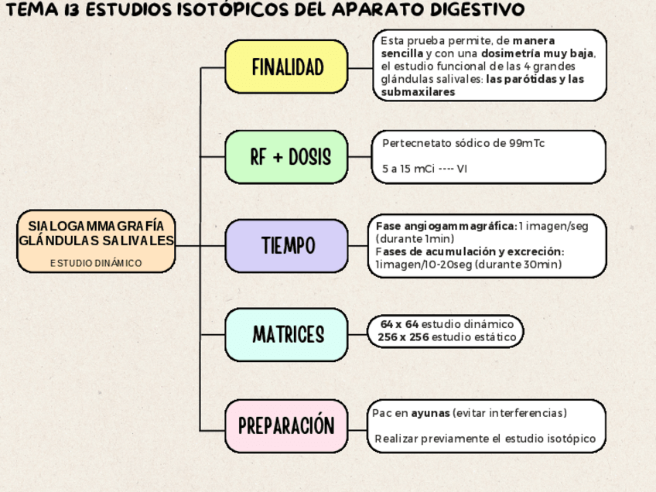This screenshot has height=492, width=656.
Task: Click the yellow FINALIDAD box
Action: point(286,67)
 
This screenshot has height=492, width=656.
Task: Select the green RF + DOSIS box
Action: point(286,157)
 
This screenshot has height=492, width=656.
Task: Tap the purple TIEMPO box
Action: point(286,246)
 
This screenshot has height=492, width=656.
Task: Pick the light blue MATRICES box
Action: point(286,335)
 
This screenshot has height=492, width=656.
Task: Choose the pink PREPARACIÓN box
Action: point(286,425)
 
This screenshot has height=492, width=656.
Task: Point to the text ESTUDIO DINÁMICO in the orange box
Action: point(96,263)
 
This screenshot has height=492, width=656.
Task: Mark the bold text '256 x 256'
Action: point(403,337)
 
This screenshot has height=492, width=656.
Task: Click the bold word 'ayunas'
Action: point(430,412)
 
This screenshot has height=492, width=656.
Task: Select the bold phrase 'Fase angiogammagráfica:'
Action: point(446,226)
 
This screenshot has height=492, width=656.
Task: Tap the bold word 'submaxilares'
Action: point(418,92)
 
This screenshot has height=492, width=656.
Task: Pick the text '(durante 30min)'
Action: point(518,265)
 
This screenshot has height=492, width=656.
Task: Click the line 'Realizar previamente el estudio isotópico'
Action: point(485,439)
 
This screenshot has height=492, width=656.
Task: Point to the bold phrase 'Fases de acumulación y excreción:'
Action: point(470,252)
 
